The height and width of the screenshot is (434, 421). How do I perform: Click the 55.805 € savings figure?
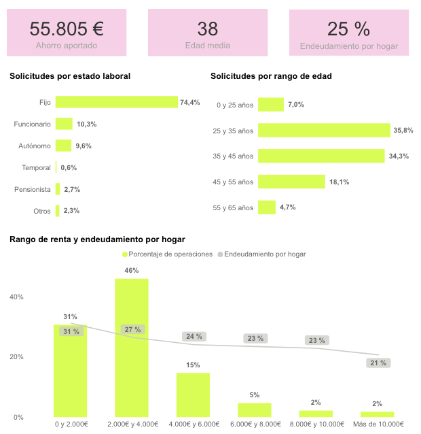click(67, 29)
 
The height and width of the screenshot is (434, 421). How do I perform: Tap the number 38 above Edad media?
click(208, 29)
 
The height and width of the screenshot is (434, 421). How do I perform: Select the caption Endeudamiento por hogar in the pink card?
click(349, 46)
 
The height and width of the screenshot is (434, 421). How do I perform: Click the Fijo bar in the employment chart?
click(117, 102)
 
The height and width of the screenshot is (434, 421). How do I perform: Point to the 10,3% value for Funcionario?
click(87, 124)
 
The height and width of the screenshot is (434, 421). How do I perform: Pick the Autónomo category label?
click(35, 146)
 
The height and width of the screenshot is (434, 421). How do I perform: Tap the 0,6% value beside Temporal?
click(69, 168)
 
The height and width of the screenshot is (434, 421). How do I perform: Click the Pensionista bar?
click(58, 189)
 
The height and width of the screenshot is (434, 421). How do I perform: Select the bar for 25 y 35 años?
click(324, 130)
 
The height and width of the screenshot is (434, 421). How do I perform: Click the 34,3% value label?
click(399, 156)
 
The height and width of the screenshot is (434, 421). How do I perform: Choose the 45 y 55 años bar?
click(291, 182)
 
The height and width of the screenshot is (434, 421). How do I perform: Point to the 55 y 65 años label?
click(233, 208)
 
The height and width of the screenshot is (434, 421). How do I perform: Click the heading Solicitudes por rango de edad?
click(271, 76)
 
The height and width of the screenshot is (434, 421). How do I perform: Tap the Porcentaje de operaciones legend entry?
click(168, 254)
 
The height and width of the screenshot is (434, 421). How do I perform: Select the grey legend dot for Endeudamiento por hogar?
click(220, 254)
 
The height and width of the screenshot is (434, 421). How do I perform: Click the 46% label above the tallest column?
click(132, 271)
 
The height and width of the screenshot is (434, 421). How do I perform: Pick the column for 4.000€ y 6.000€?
click(193, 395)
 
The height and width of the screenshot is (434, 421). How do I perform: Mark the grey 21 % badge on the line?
click(378, 363)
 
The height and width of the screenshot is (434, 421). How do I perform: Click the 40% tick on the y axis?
click(16, 297)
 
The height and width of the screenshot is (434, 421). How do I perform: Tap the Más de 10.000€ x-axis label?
click(378, 424)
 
